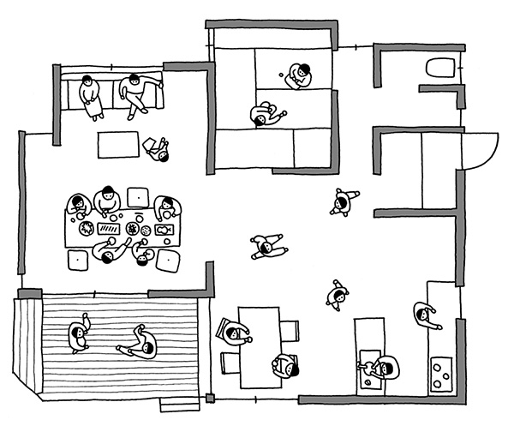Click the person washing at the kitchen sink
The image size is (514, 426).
click(380, 369)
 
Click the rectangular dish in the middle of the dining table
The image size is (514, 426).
click(111, 229)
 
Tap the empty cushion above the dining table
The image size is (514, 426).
click(137, 196)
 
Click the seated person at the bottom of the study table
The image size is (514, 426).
click(286, 366)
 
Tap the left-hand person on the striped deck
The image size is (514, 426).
click(79, 333)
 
